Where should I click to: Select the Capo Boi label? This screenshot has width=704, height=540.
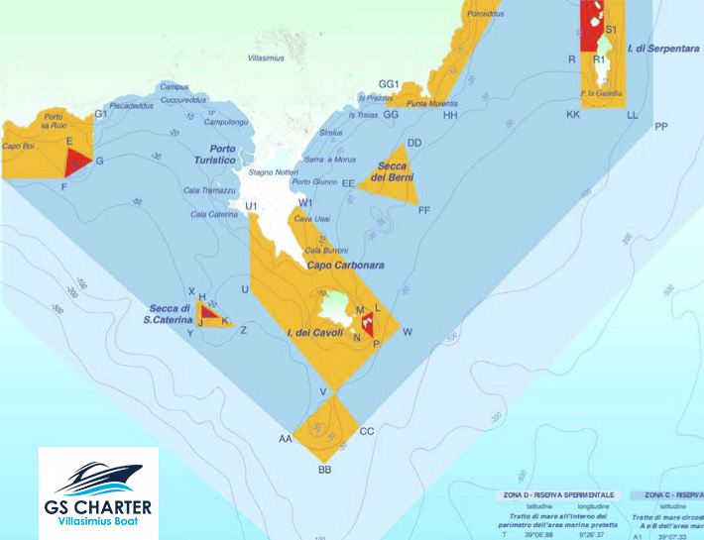pyautogui.click(x=19, y=146)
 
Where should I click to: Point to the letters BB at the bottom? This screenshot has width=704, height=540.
pyautogui.click(x=324, y=470)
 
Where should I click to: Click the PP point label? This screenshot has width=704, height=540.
pyautogui.click(x=660, y=127)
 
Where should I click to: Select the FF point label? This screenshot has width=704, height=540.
pyautogui.click(x=424, y=210)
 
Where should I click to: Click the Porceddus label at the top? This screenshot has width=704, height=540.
pyautogui.click(x=487, y=15)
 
